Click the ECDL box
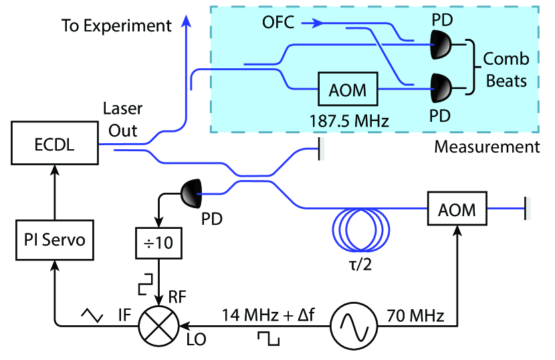click(55, 145)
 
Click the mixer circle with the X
click(159, 326)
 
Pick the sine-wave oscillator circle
click(353, 326)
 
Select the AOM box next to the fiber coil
click(457, 210)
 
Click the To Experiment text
click(117, 26)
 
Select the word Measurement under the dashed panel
click(487, 147)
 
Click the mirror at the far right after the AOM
click(528, 210)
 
